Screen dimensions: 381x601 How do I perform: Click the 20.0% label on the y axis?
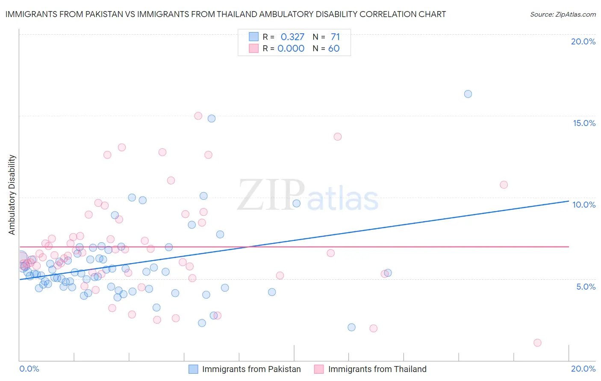click(x=583, y=41)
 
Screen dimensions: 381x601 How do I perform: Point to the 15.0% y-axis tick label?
click(x=584, y=123)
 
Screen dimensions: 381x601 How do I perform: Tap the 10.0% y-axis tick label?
click(x=584, y=205)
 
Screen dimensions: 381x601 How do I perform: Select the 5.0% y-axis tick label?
click(x=586, y=287)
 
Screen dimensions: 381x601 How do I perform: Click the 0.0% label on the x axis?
click(x=29, y=369)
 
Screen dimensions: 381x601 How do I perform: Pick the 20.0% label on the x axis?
click(x=583, y=369)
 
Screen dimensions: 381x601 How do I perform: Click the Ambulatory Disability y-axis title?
click(x=12, y=195)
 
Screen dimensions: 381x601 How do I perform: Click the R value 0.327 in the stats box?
click(x=292, y=37)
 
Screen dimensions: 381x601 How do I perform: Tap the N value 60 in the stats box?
click(x=334, y=49)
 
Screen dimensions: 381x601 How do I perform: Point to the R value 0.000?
click(x=291, y=49)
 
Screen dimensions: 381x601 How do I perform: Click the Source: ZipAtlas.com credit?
click(x=563, y=15)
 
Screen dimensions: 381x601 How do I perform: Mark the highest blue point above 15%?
click(x=468, y=94)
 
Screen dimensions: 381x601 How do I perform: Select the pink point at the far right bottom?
click(x=537, y=343)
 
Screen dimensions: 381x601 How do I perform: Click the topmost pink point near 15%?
click(x=198, y=116)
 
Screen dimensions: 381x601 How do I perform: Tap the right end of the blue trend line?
click(x=569, y=201)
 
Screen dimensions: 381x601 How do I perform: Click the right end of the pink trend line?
click(x=569, y=246)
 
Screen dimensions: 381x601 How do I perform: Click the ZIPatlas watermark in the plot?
click(x=308, y=196)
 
